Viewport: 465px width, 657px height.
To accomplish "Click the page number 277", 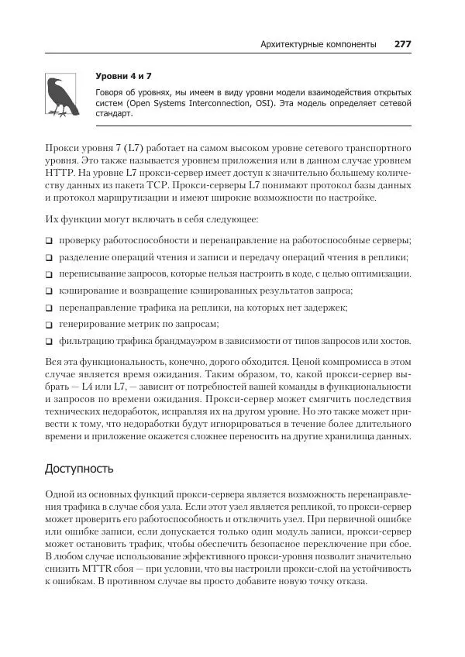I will [x=402, y=44].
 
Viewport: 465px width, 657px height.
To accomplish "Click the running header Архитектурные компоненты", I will [x=319, y=44].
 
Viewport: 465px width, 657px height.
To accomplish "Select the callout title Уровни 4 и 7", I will [x=123, y=76].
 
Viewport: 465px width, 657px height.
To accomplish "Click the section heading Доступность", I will [x=79, y=468].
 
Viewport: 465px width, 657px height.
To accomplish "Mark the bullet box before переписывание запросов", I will [x=49, y=274].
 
